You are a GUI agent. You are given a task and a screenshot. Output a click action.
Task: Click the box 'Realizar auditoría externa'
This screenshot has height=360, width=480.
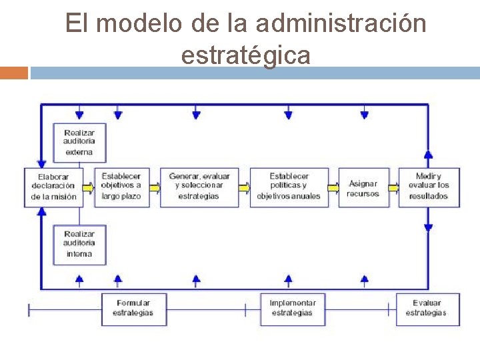click(x=79, y=143)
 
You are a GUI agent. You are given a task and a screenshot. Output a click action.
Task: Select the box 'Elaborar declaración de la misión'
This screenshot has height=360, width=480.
click(x=54, y=187)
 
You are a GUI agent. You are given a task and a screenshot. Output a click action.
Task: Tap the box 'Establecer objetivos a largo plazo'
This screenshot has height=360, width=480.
click(x=121, y=187)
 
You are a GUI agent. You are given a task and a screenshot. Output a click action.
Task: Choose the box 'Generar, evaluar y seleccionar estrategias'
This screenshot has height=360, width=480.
click(x=199, y=187)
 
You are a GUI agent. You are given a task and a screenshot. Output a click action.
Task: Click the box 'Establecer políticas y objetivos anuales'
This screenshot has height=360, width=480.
click(x=289, y=187)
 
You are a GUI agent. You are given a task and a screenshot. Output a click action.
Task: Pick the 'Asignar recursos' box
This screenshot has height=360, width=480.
click(x=363, y=188)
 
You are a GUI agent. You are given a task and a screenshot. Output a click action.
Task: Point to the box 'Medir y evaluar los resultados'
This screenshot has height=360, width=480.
click(x=429, y=187)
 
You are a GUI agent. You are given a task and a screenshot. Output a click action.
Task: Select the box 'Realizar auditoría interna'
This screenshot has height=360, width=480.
click(x=79, y=245)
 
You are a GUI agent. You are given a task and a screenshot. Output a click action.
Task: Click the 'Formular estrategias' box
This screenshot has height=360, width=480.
click(x=133, y=309)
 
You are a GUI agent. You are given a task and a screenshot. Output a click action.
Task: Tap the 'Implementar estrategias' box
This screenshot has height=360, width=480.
click(x=292, y=309)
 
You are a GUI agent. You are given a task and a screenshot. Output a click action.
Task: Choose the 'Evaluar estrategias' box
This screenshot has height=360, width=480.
click(x=427, y=309)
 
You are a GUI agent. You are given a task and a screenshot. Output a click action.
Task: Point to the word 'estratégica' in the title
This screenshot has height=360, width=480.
click(x=245, y=55)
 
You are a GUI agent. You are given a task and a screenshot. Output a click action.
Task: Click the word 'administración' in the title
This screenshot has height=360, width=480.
click(x=341, y=24)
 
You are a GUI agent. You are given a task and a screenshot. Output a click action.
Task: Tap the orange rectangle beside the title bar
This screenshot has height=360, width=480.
click(x=14, y=73)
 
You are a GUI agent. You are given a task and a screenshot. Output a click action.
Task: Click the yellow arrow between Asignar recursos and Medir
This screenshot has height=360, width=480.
click(x=394, y=188)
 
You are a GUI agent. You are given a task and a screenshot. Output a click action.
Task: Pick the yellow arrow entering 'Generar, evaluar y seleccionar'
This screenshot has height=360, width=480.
click(x=155, y=188)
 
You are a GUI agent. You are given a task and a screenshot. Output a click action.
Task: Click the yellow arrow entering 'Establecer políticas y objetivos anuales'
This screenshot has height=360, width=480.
click(x=245, y=188)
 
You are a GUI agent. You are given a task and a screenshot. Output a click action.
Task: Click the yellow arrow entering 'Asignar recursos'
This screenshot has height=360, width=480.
click(x=333, y=188)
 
